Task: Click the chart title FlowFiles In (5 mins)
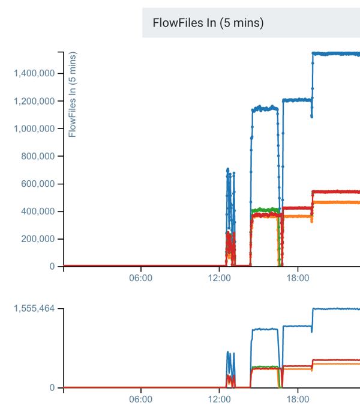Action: pyautogui.click(x=208, y=23)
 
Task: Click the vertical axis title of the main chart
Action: pyautogui.click(x=73, y=95)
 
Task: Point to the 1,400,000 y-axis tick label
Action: pyautogui.click(x=34, y=73)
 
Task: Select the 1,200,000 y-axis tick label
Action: pyautogui.click(x=34, y=101)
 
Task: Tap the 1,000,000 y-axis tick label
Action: pyautogui.click(x=34, y=129)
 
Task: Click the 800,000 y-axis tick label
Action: pyautogui.click(x=38, y=156)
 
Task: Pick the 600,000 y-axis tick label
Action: pyautogui.click(x=38, y=184)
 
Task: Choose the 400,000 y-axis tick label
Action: pyautogui.click(x=38, y=211)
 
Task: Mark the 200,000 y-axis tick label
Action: pyautogui.click(x=38, y=239)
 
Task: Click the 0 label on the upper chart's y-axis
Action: pyautogui.click(x=52, y=267)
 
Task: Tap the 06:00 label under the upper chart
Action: pyautogui.click(x=141, y=278)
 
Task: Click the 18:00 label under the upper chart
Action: pyautogui.click(x=298, y=278)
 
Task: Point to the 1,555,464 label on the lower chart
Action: pyautogui.click(x=34, y=309)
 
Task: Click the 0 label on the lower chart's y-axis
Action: pyautogui.click(x=52, y=388)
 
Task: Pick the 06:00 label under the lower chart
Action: pyautogui.click(x=141, y=399)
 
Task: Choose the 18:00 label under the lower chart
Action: pyautogui.click(x=298, y=399)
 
